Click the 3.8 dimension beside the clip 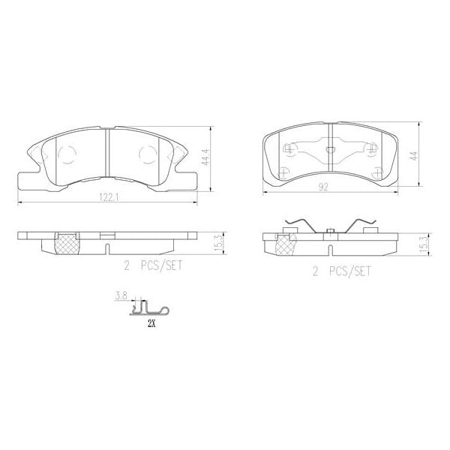[x=120, y=297]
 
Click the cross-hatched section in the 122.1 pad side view [x=69, y=242]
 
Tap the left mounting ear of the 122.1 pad [x=27, y=178]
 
